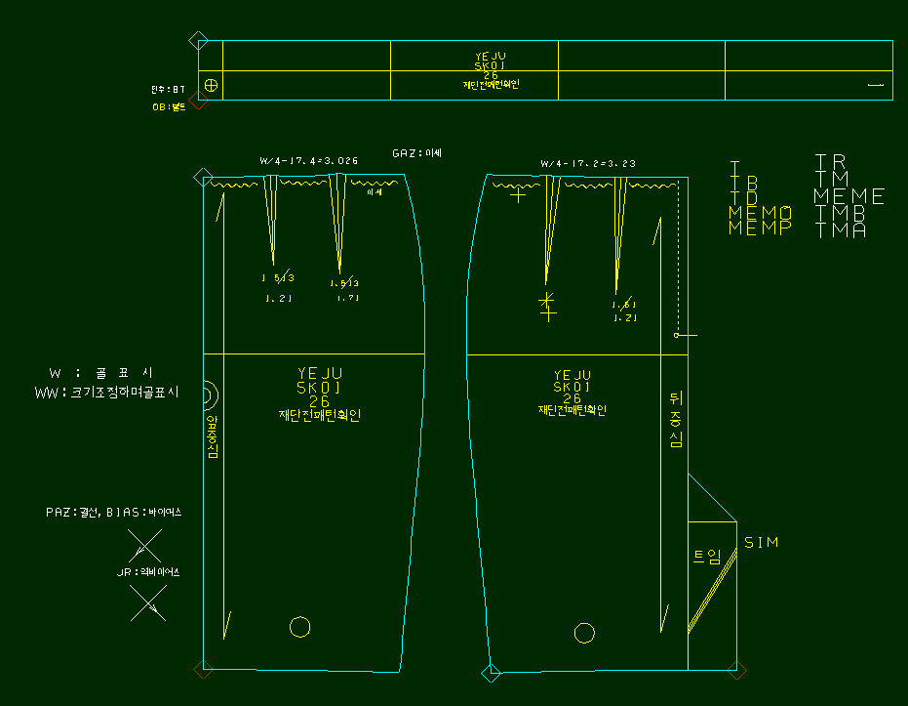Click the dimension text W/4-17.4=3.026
[x=308, y=160]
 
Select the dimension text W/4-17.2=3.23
[x=587, y=163]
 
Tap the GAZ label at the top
[x=416, y=153]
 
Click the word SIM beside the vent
[x=762, y=542]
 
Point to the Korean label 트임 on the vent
[x=707, y=557]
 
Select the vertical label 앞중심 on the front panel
[x=213, y=436]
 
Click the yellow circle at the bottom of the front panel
[x=300, y=626]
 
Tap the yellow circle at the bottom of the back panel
[x=584, y=633]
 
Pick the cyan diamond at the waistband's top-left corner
[x=198, y=41]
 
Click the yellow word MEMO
[x=760, y=212]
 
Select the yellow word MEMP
[x=760, y=228]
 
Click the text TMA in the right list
[x=840, y=230]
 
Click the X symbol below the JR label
[x=148, y=604]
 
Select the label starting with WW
[x=106, y=393]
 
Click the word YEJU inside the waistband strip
[x=491, y=57]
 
